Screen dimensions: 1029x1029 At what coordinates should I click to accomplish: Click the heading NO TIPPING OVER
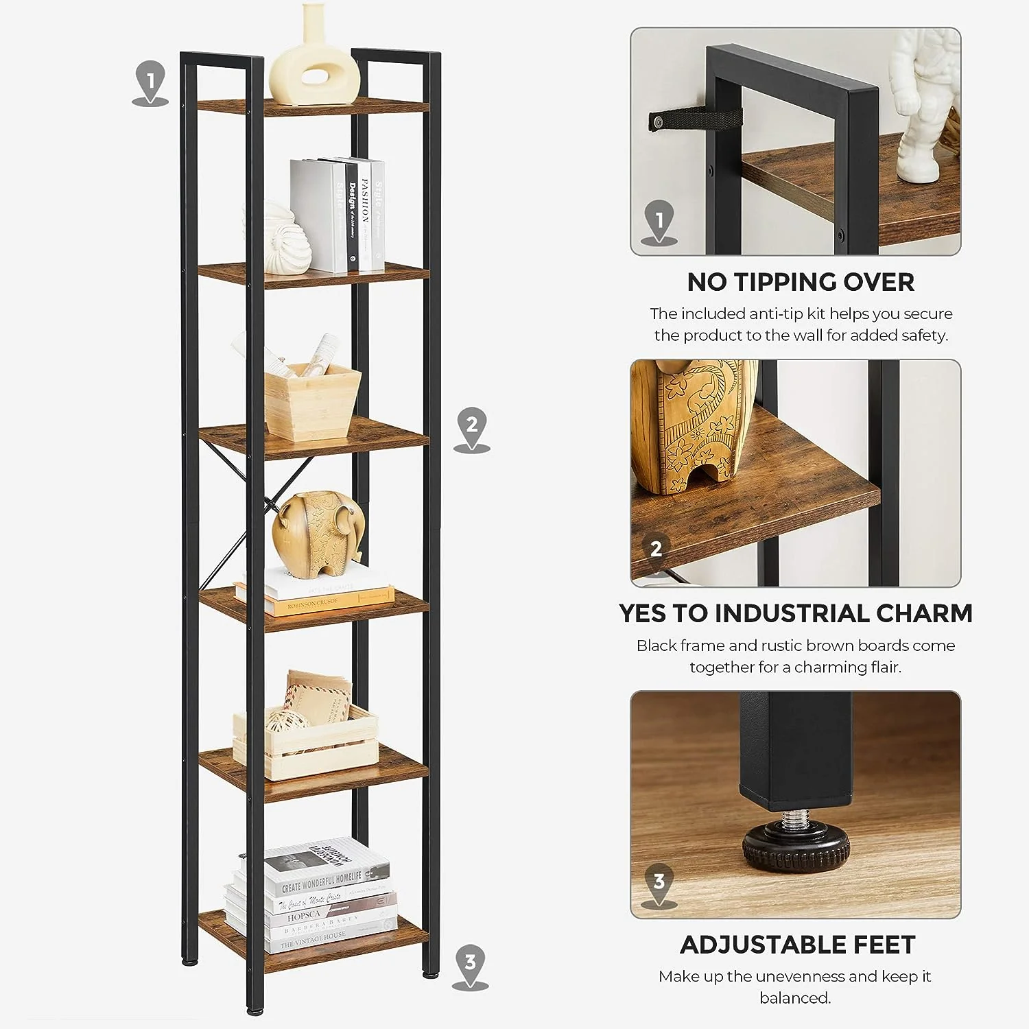click(801, 282)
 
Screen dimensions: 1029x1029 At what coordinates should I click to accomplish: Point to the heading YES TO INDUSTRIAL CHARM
click(796, 613)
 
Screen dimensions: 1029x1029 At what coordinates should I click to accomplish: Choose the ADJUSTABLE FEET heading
click(797, 945)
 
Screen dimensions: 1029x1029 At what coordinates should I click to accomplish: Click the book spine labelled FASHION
click(366, 215)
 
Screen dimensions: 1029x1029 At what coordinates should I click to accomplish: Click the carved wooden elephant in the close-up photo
click(693, 425)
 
